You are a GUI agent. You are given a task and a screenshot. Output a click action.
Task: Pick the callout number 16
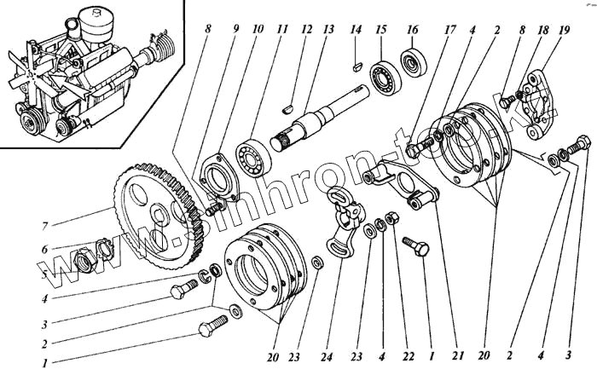[412, 30]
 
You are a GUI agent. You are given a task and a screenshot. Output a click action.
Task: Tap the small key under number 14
[356, 62]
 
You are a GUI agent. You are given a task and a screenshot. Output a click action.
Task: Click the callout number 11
[282, 30]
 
